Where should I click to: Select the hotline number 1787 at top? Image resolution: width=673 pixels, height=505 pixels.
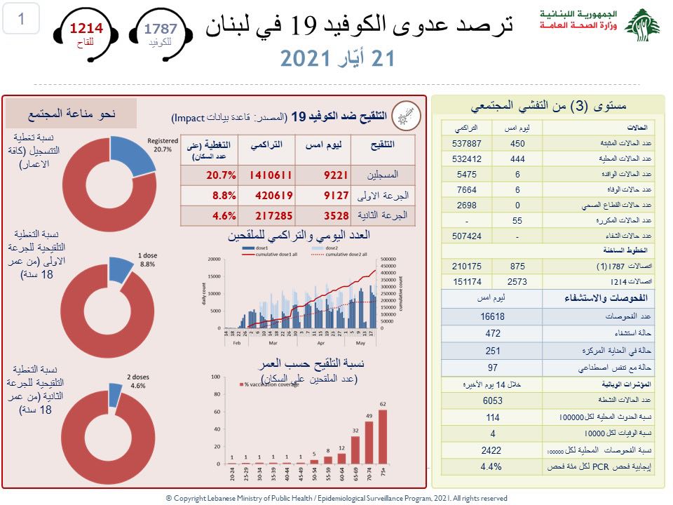[x=161, y=29]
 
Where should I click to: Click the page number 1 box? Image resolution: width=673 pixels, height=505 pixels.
[x=20, y=20]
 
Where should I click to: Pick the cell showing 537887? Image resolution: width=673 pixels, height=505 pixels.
[x=466, y=144]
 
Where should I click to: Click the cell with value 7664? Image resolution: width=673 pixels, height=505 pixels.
[x=466, y=189]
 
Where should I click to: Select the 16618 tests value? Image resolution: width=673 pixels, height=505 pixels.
[x=494, y=317]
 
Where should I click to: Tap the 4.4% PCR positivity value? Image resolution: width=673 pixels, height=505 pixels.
[x=494, y=466]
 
